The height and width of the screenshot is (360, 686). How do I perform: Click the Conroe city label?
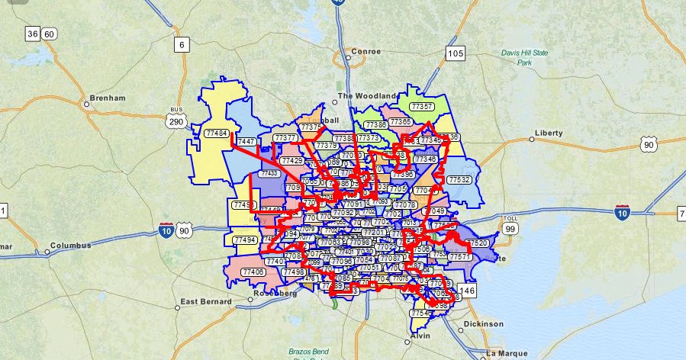tap(365, 52)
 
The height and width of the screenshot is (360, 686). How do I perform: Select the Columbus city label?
tap(70, 246)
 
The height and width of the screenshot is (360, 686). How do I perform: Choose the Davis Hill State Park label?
tap(525, 57)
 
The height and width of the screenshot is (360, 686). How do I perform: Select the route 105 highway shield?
tap(456, 53)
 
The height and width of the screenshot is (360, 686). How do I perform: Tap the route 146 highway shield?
tap(468, 291)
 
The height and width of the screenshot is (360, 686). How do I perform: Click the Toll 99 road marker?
tap(510, 227)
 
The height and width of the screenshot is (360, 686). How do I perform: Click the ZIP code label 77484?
tap(216, 133)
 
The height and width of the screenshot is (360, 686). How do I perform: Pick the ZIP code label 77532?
tap(459, 179)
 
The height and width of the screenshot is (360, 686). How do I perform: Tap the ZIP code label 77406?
tap(253, 272)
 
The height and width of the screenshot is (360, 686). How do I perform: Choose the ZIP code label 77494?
tap(245, 239)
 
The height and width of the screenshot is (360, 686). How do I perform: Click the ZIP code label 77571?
tap(460, 257)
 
